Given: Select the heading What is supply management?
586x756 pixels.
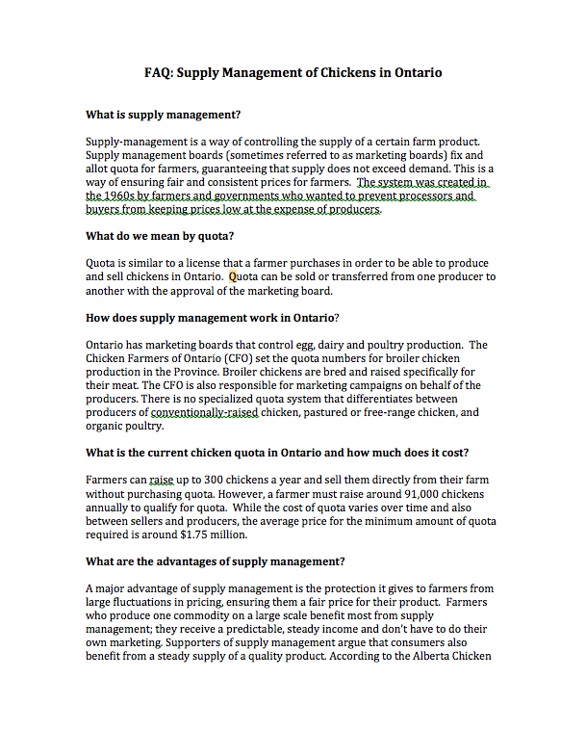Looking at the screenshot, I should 163,114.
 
